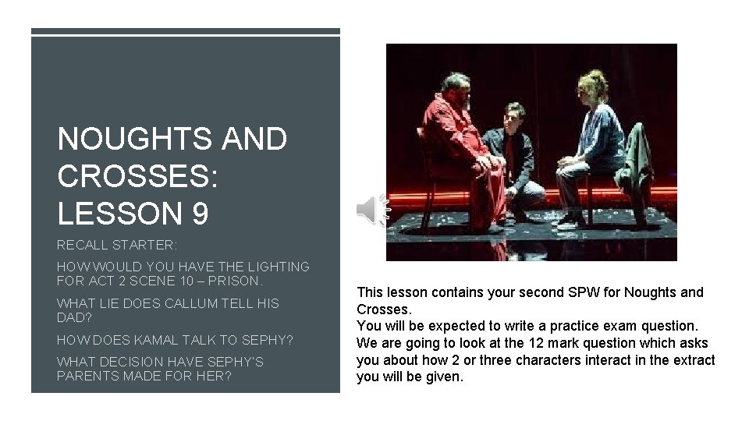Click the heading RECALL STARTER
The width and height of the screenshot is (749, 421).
click(117, 245)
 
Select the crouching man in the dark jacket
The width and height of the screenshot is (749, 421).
click(510, 156)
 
